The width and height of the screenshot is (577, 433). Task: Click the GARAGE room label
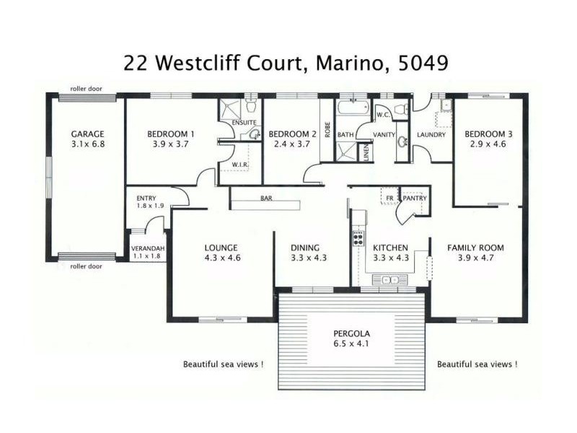click(x=87, y=134)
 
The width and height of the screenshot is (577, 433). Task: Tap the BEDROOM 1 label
click(x=171, y=134)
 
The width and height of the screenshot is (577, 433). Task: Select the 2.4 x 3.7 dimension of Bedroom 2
click(x=292, y=144)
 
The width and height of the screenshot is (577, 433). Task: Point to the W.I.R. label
click(x=240, y=165)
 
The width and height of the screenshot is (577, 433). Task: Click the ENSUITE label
click(x=244, y=123)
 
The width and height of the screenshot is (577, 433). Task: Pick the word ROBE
click(x=327, y=130)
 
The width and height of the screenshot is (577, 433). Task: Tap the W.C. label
click(x=383, y=114)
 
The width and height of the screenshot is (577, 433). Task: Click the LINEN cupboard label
click(x=366, y=153)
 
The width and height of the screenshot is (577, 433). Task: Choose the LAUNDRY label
click(x=431, y=134)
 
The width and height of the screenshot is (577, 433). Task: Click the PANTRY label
click(x=415, y=198)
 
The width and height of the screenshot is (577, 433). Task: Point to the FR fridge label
click(x=389, y=198)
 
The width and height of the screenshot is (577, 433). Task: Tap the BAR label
click(x=266, y=198)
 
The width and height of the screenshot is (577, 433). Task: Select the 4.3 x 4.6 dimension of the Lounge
click(x=222, y=258)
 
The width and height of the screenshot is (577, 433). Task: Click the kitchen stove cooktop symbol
click(x=357, y=236)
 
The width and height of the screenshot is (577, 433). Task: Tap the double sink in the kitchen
click(x=390, y=279)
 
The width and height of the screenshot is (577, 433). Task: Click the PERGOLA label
click(x=351, y=334)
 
